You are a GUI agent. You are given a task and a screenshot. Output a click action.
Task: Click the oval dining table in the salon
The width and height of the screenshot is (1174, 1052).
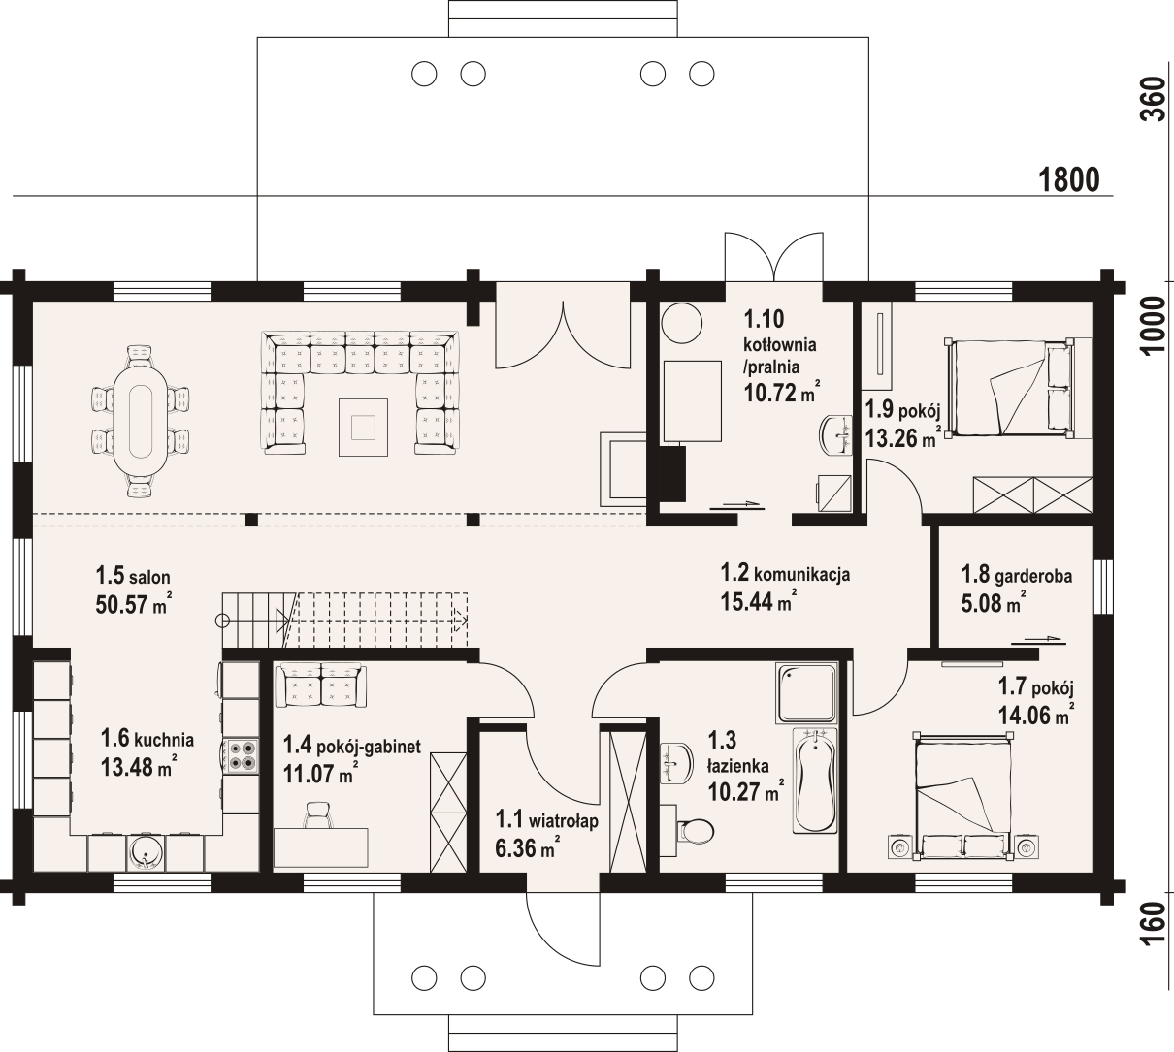[x=141, y=421]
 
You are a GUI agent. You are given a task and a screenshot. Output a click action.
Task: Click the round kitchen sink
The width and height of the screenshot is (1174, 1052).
[x=145, y=853]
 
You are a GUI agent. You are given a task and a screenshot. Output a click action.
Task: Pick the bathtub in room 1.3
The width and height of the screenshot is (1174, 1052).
[x=815, y=781]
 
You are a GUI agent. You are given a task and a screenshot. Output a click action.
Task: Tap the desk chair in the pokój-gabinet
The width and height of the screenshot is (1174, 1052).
[x=317, y=815]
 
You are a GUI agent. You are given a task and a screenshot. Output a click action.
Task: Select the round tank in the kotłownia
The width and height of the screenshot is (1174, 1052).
[x=681, y=323]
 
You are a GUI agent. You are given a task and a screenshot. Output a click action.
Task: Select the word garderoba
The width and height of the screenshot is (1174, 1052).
[x=1033, y=576]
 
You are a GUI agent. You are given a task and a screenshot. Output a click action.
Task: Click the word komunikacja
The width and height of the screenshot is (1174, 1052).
[x=802, y=574]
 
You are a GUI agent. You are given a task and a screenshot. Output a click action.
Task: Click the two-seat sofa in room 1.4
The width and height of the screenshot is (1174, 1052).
[x=321, y=685]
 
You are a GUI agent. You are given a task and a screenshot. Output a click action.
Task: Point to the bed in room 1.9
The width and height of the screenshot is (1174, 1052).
[x=1010, y=387]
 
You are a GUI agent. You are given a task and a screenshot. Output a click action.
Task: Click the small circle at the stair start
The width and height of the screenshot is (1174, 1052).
[x=222, y=622]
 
